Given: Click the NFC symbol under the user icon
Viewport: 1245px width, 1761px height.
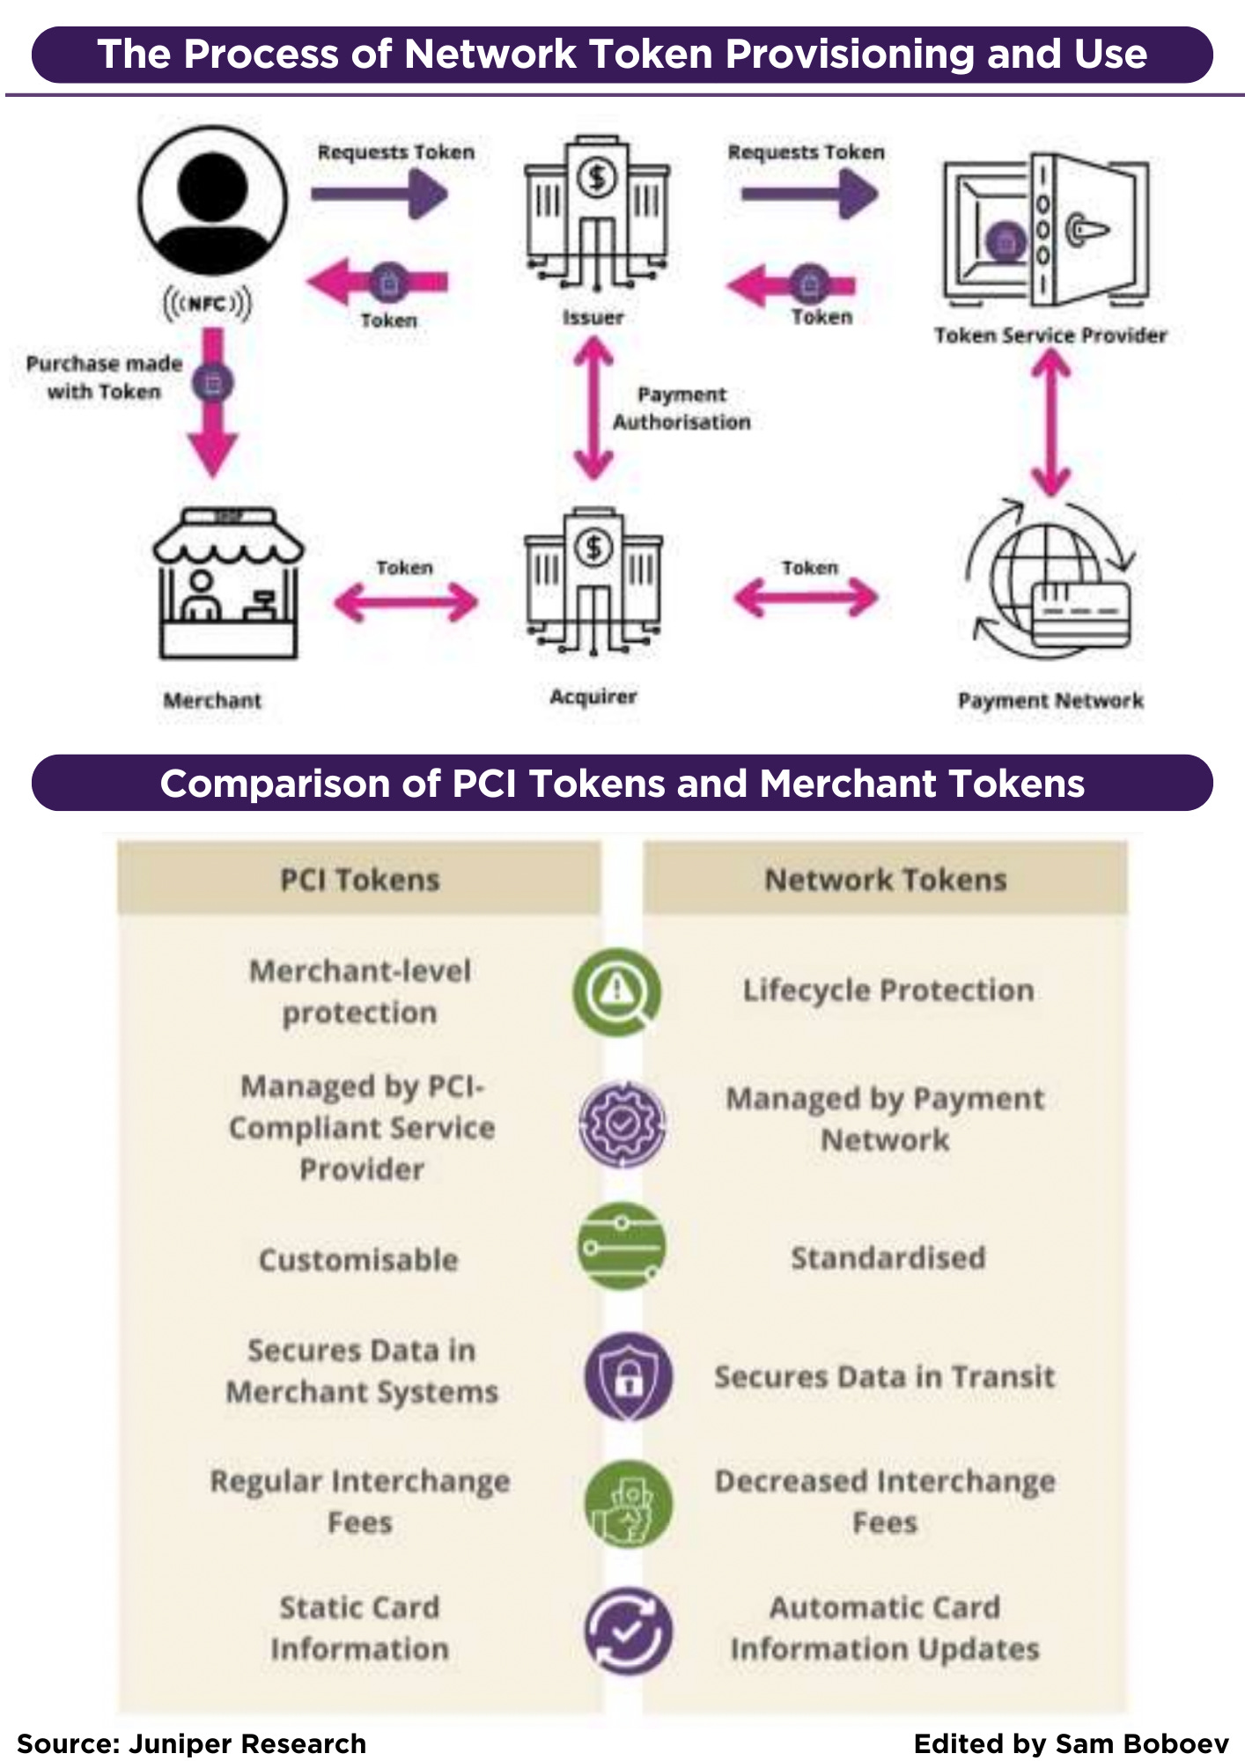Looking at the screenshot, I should (208, 304).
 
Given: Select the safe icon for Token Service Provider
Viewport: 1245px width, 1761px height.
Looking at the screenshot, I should (1045, 231).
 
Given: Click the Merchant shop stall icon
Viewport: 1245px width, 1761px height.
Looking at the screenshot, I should (228, 584).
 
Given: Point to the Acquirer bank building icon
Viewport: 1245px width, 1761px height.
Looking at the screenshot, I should (593, 582).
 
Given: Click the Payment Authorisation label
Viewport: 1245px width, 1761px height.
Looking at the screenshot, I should (681, 409).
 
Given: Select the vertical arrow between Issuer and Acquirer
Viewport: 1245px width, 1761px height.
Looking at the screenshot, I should (593, 410).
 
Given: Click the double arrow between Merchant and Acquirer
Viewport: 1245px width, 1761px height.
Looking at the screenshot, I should (406, 603).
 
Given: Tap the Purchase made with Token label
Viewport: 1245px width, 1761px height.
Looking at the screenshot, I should (104, 378).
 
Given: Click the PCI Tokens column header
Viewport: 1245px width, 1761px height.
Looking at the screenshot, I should (359, 879).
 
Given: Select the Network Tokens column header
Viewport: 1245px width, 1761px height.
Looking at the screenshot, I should (885, 879).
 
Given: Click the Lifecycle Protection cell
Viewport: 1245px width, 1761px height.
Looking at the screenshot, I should (888, 991).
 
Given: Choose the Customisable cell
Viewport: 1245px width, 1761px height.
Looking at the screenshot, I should (358, 1260).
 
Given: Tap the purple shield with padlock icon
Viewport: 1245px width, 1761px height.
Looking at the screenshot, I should (628, 1376).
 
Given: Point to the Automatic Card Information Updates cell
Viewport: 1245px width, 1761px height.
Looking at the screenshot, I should (885, 1628).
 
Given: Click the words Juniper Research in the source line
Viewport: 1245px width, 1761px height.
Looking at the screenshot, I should (247, 1743).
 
